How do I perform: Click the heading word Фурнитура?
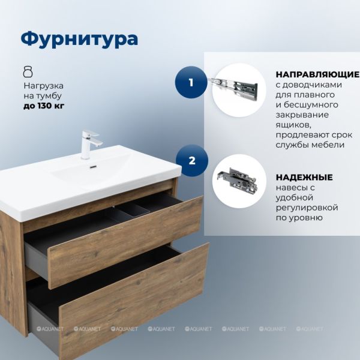[x=79, y=39]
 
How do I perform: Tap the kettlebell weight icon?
[x=28, y=71]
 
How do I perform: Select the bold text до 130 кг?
[x=44, y=106]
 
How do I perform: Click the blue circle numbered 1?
[x=191, y=82]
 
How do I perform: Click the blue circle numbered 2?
[x=192, y=160]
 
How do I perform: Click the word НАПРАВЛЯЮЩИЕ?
[x=317, y=74]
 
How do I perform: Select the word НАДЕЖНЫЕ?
[x=304, y=177]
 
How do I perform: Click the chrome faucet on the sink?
[x=89, y=145]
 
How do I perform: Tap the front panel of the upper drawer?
[x=126, y=242]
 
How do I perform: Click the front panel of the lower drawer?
[x=134, y=301]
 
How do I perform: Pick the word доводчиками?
[x=312, y=85]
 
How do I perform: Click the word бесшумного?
[x=311, y=105]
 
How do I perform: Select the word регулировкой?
[x=307, y=208]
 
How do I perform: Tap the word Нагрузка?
[x=44, y=86]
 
